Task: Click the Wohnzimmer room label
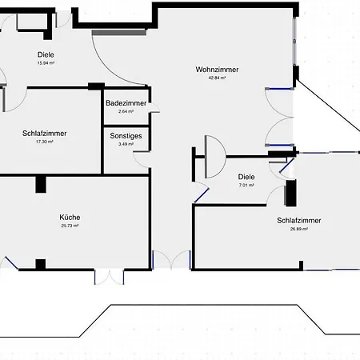(x=217, y=70)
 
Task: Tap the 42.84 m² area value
(x=217, y=78)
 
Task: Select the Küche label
(x=70, y=218)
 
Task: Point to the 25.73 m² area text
(x=70, y=226)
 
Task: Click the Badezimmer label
(x=126, y=103)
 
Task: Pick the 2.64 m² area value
(x=126, y=111)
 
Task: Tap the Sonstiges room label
(x=126, y=136)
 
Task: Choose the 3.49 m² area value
(x=126, y=144)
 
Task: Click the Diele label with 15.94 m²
(x=46, y=54)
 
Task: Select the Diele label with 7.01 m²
(x=246, y=177)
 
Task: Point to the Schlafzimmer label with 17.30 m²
(x=45, y=134)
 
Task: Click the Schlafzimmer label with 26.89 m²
(x=299, y=221)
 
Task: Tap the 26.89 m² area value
(x=299, y=229)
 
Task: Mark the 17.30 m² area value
(x=45, y=142)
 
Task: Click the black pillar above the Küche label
(x=41, y=184)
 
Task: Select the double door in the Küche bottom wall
(x=109, y=278)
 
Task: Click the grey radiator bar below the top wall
(x=119, y=33)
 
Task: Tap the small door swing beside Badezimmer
(x=155, y=107)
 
